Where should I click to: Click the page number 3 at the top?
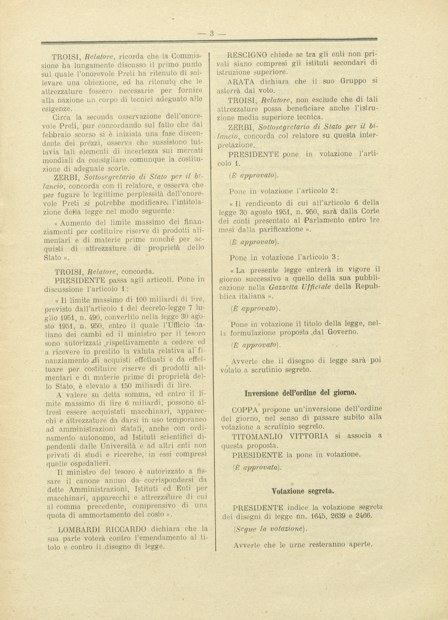click(212, 33)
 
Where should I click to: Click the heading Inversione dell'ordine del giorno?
click(300, 393)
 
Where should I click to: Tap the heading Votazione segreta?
click(303, 491)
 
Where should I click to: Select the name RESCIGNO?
click(247, 55)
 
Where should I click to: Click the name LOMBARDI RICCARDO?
click(102, 529)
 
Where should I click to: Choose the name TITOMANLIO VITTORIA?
click(280, 436)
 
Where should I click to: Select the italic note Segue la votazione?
click(269, 529)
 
